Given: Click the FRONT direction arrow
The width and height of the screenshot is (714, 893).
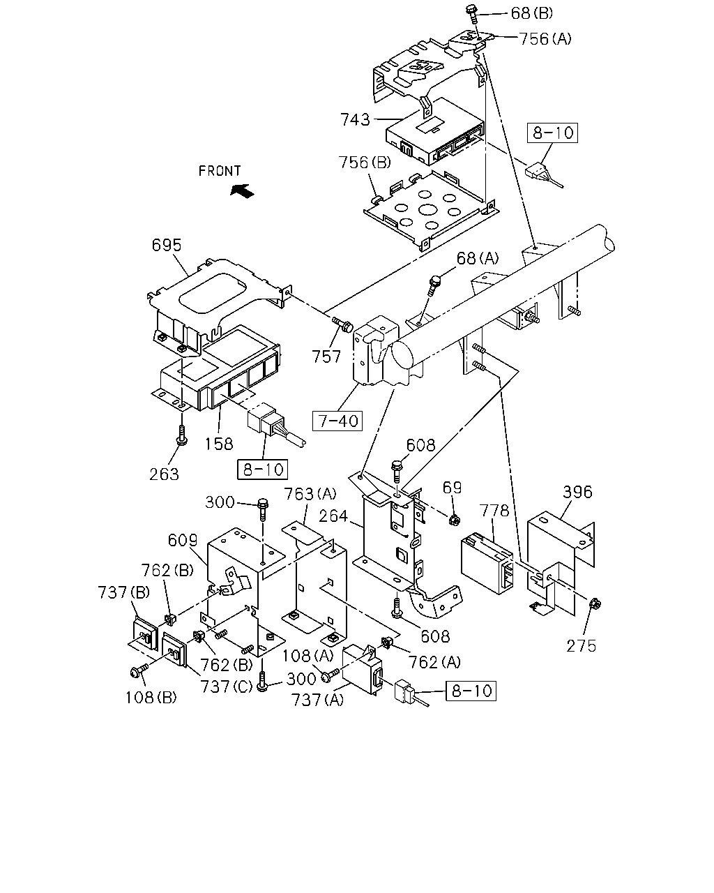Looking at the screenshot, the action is point(243,191).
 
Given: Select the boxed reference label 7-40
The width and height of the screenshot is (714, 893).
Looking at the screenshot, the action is point(337,421).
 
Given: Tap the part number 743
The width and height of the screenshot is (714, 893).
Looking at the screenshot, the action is point(355,120).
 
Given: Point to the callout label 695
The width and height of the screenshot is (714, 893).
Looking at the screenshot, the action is point(167,246).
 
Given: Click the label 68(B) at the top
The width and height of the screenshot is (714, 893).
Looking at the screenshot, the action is point(532,14).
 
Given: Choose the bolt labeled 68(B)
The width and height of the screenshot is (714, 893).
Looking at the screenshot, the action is point(472,14).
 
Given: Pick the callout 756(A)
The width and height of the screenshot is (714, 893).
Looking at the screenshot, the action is point(545,39).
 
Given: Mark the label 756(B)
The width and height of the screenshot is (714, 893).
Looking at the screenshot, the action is point(365,163).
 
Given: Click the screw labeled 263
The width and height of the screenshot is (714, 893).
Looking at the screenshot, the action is point(182,435).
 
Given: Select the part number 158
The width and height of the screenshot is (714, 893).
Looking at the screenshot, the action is point(219,444).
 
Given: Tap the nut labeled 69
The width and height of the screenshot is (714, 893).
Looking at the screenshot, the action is point(455,518).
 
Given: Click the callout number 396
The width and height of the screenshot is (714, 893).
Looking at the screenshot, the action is point(577,492).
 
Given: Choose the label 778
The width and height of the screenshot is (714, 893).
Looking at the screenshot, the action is point(494,511).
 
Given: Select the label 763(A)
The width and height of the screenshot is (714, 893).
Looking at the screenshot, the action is point(310,494).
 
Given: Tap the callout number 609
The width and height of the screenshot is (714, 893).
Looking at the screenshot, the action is point(183,540).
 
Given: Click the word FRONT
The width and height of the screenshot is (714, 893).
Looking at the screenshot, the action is point(220,171).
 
